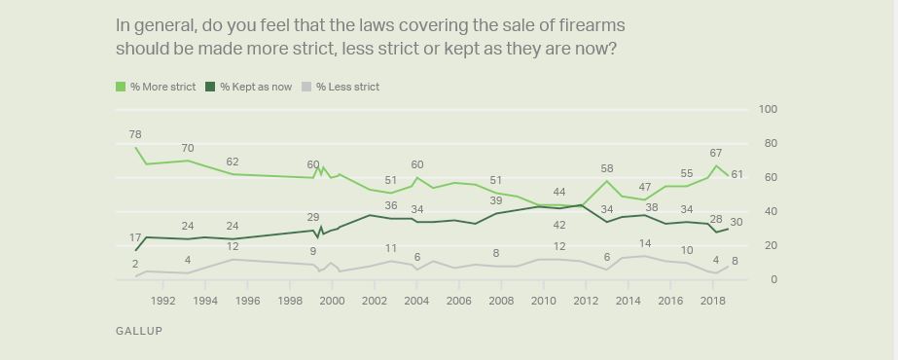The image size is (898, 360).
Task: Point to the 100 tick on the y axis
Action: (x=768, y=110)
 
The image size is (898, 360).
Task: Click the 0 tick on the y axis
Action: (x=772, y=280)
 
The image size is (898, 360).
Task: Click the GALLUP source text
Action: (x=139, y=331)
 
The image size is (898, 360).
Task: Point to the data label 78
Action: (x=135, y=134)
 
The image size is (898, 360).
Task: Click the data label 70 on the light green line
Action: (x=188, y=149)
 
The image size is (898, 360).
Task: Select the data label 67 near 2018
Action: (x=715, y=154)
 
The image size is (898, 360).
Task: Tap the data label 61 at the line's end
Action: (x=737, y=174)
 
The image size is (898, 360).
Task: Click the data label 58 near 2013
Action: (x=606, y=169)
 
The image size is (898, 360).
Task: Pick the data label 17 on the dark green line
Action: (x=135, y=238)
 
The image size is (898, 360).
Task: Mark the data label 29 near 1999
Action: (x=313, y=217)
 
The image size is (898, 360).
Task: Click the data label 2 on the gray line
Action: (x=135, y=265)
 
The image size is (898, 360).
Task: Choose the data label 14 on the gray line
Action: (x=644, y=243)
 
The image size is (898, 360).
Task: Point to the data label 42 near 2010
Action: (x=559, y=225)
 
